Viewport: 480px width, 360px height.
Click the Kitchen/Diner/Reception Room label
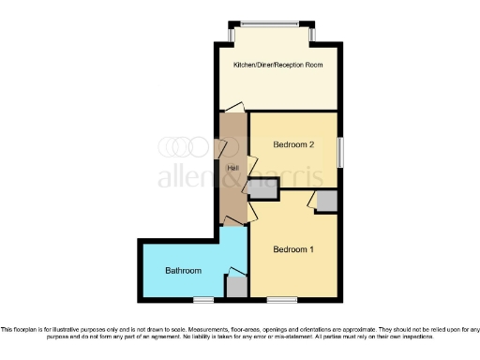[x=277, y=65]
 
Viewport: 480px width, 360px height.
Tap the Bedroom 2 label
[x=292, y=145]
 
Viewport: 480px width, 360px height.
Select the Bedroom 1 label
[x=292, y=250]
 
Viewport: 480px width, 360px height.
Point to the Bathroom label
[x=183, y=271]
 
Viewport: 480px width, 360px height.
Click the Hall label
[x=232, y=168]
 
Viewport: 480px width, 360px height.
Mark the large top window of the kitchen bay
[x=272, y=23]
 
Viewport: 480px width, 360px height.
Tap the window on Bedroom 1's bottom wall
[x=281, y=300]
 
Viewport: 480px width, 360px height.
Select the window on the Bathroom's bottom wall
[x=203, y=300]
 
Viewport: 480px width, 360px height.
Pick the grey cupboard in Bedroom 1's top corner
[x=326, y=202]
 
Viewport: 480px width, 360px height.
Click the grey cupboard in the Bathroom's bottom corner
[x=237, y=287]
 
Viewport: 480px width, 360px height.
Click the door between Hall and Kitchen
[x=232, y=110]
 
